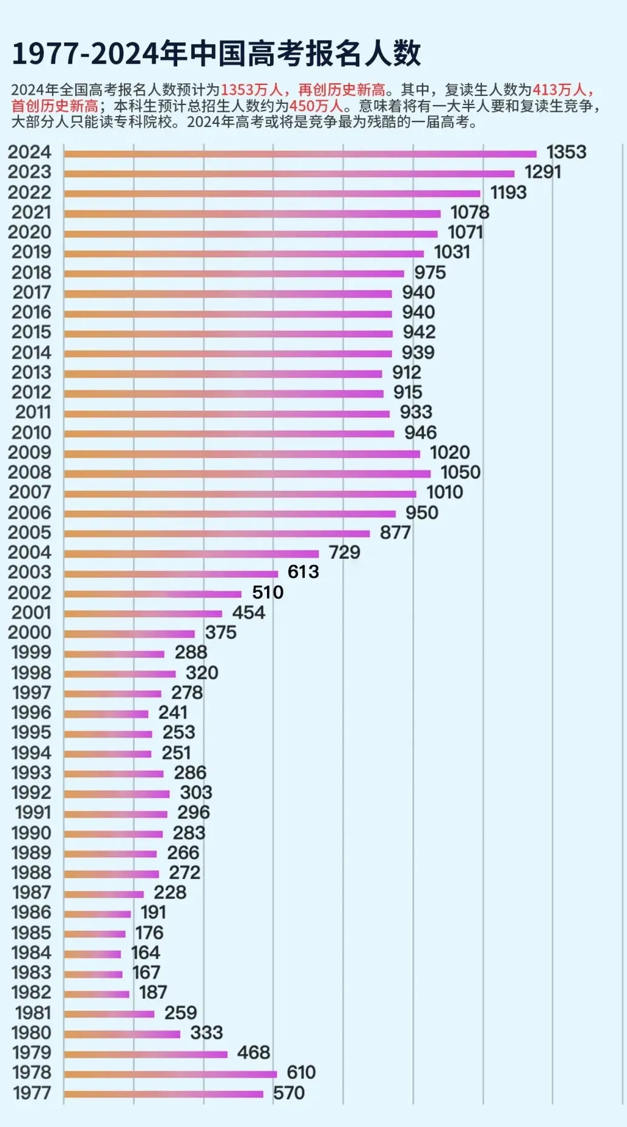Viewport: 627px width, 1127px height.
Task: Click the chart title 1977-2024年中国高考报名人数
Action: pos(216,53)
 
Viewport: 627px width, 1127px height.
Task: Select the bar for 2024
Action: pos(300,154)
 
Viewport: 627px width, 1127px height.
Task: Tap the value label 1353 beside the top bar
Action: pos(566,152)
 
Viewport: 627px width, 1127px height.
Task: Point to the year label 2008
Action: pos(29,472)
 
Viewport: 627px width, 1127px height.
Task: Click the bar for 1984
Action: pos(92,954)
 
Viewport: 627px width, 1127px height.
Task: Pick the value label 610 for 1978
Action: pos(300,1072)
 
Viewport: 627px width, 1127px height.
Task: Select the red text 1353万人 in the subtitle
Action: pos(251,90)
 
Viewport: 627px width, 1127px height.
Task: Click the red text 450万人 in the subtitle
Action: pos(316,106)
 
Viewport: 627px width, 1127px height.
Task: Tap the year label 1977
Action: pos(32,1092)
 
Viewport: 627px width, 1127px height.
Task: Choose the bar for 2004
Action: pos(191,553)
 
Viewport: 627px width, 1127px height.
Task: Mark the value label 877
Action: pos(395,532)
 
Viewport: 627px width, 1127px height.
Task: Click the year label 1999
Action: pos(31,652)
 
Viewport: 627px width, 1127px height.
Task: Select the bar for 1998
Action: pos(120,674)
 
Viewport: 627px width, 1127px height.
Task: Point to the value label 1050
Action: pos(460,472)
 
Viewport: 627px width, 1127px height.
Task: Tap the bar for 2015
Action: pos(228,334)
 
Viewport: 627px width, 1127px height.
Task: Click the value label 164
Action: pos(145,953)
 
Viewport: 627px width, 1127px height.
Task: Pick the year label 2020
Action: pos(29,232)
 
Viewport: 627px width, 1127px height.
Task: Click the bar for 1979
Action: pos(146,1054)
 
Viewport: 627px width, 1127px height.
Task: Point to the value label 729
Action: pos(344,552)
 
